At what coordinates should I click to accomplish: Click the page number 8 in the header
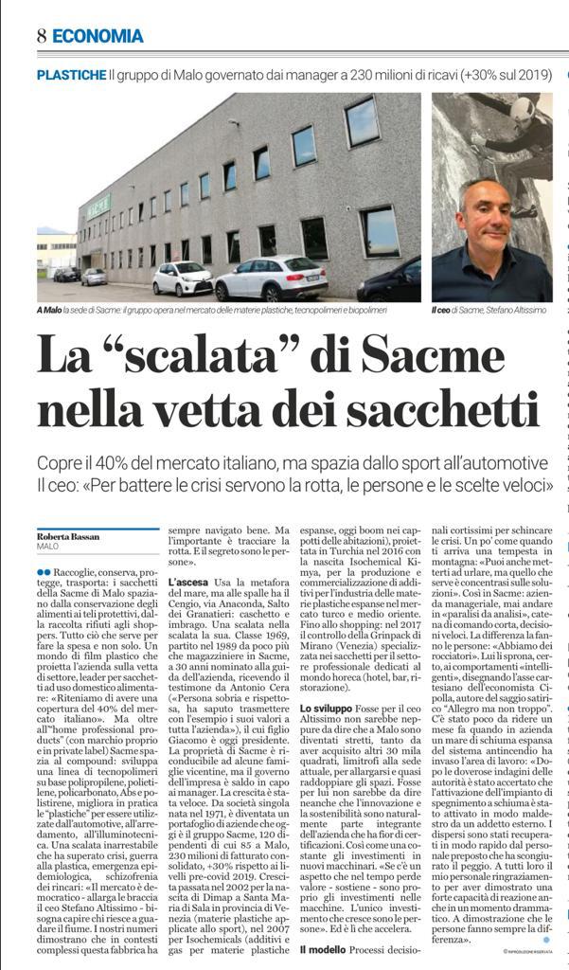(x=42, y=36)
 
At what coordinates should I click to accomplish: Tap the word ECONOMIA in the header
(x=98, y=36)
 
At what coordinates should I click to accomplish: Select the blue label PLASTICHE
(x=71, y=74)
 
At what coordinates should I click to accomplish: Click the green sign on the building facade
(x=98, y=204)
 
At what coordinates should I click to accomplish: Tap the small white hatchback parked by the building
(x=182, y=278)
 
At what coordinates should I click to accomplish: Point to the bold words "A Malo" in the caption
(x=48, y=311)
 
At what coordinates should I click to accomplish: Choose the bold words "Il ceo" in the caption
(x=442, y=311)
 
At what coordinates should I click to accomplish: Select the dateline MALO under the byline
(x=47, y=547)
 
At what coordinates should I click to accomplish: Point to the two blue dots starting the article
(x=44, y=572)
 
